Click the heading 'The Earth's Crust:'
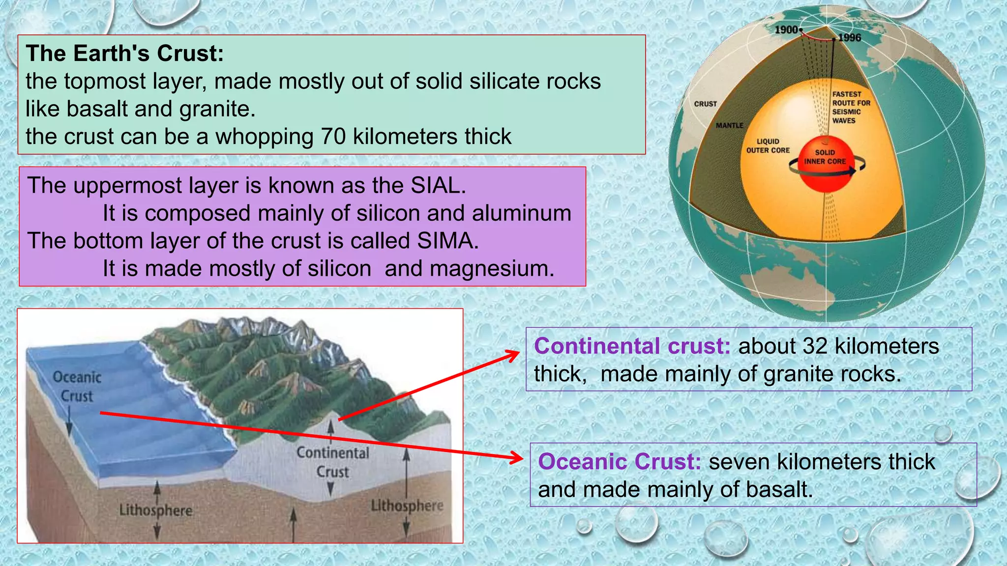tap(125, 54)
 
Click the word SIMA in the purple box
tap(447, 241)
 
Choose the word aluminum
tap(522, 214)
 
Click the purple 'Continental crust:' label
tap(632, 346)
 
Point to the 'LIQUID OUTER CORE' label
tap(768, 146)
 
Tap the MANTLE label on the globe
tap(730, 126)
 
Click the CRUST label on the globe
tap(706, 104)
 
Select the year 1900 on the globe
tap(786, 30)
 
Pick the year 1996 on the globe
tap(850, 38)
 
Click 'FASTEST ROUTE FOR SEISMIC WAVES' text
tap(851, 107)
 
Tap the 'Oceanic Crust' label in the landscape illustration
tap(77, 387)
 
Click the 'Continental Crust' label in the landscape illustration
tap(333, 462)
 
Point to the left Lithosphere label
tap(156, 510)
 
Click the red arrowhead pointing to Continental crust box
tap(514, 354)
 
